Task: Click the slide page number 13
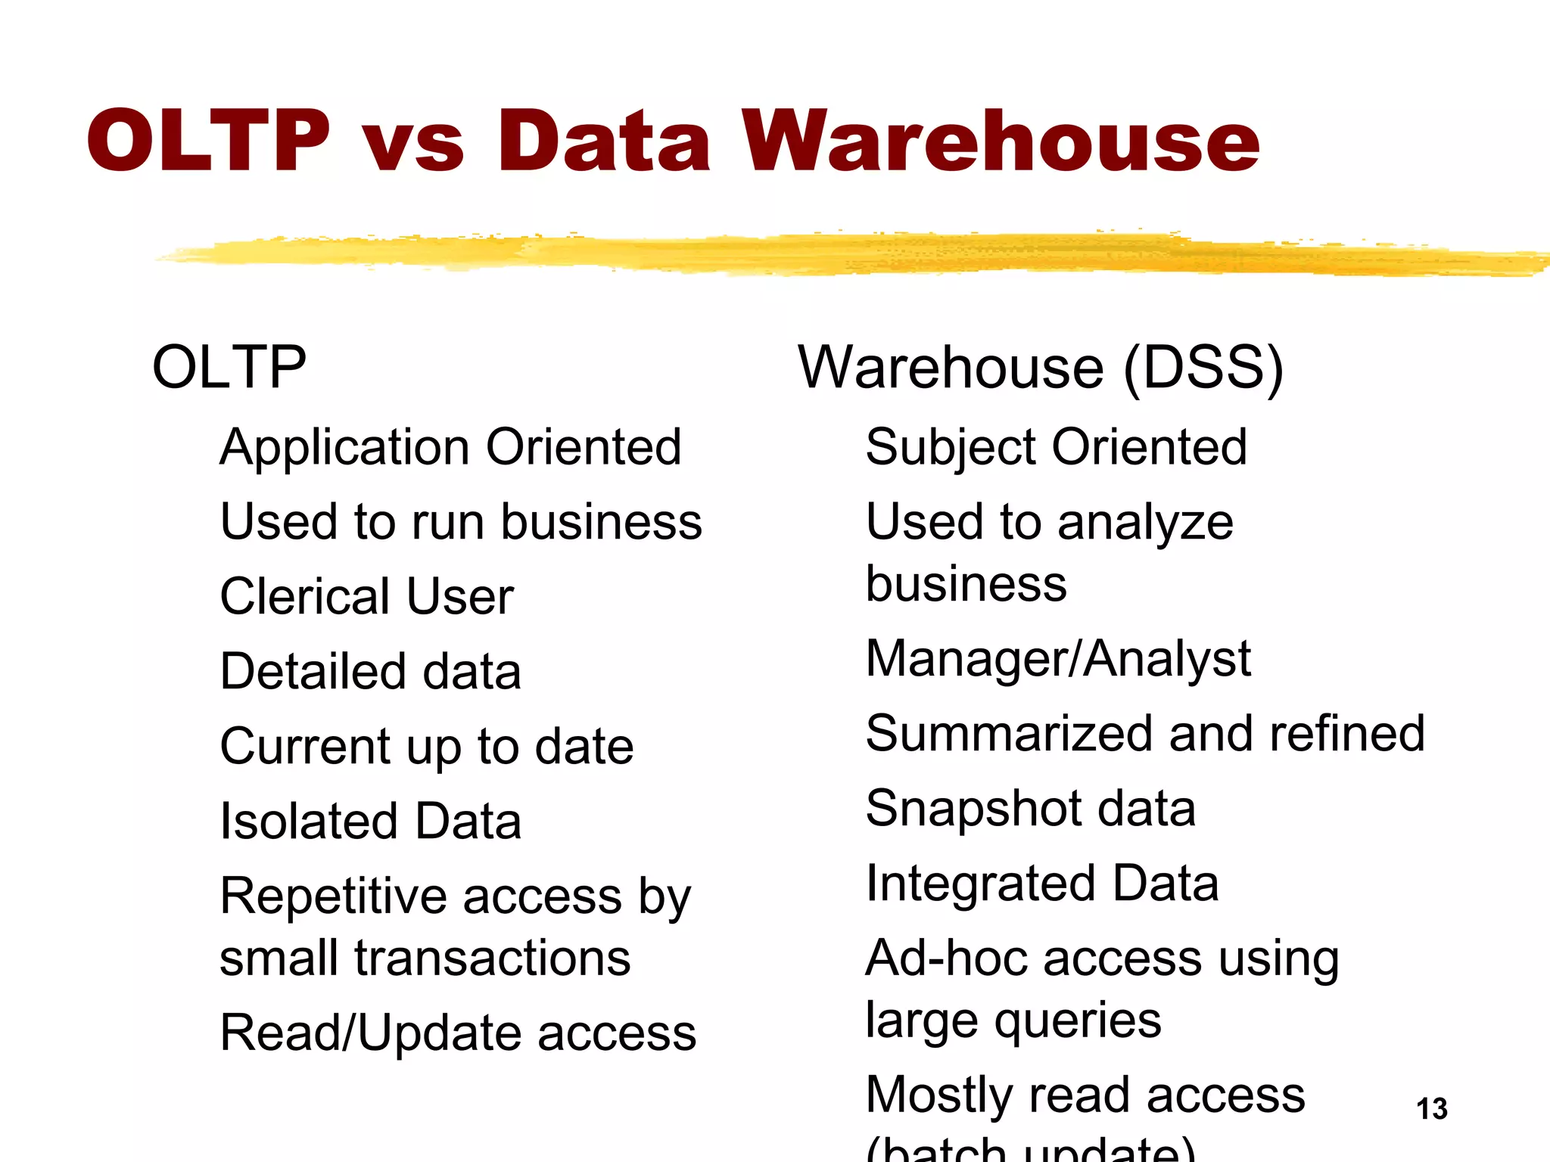coord(1432,1109)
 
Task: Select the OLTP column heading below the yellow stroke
coord(229,367)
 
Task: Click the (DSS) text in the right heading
coord(1203,368)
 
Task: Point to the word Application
coord(345,448)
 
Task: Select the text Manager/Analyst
coord(1058,659)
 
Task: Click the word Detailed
coord(313,671)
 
